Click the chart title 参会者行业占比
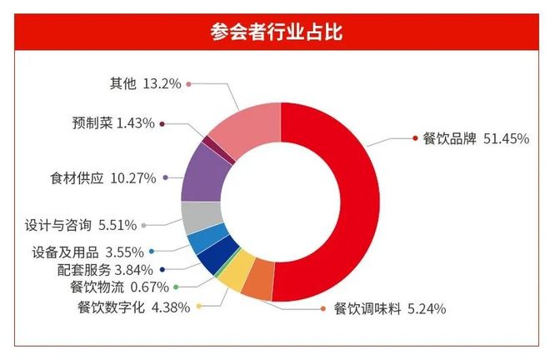tap(275, 32)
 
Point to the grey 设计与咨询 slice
tap(194, 217)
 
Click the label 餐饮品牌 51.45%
tap(476, 139)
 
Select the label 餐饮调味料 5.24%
tap(389, 309)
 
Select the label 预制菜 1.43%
tap(112, 123)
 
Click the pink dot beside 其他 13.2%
tap(189, 84)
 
